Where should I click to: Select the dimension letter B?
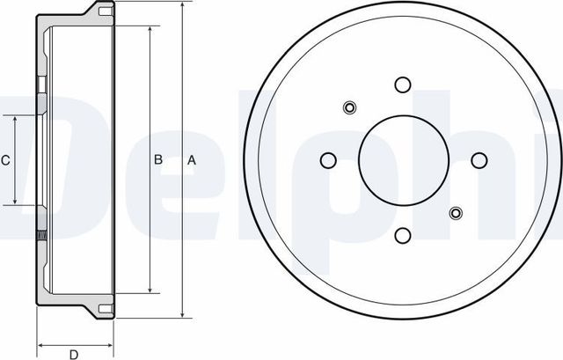click(x=158, y=160)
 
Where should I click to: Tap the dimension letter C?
click(x=5, y=160)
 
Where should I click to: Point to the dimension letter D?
click(x=76, y=354)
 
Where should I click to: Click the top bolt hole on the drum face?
click(x=404, y=84)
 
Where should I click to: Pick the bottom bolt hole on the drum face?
click(x=404, y=235)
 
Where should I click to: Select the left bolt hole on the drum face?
click(x=328, y=160)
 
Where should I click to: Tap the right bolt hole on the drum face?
click(x=479, y=160)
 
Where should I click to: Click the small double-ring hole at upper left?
click(x=349, y=108)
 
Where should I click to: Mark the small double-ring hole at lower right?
click(x=456, y=212)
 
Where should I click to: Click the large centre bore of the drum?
click(x=404, y=160)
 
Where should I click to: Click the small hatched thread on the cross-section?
click(x=40, y=235)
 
